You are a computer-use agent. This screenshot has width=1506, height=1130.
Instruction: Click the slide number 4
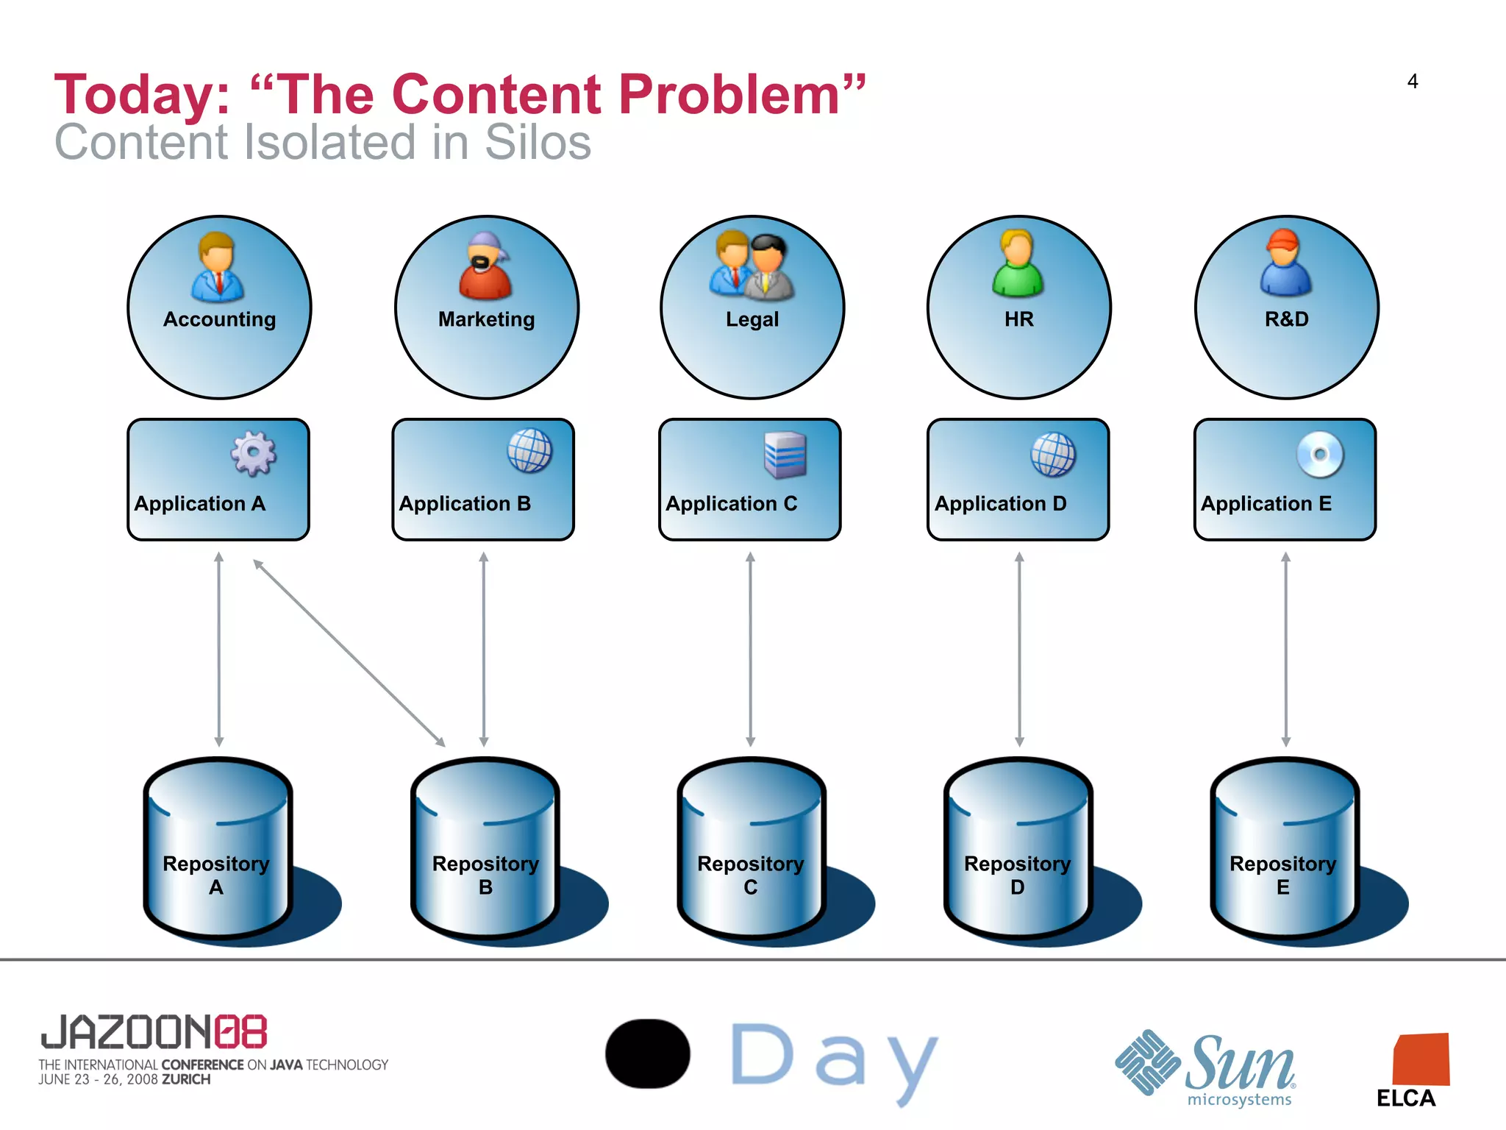coord(1412,82)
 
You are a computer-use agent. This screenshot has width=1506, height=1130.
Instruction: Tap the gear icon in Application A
coord(254,453)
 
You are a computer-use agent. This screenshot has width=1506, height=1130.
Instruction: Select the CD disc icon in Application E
coord(1320,454)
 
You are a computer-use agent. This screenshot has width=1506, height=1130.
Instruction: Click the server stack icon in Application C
coord(785,455)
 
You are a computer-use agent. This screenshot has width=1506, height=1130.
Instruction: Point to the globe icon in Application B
coord(529,451)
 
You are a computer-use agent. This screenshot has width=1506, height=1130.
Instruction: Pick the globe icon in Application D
coord(1053,454)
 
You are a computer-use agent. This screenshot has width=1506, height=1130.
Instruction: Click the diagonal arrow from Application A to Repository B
coord(349,653)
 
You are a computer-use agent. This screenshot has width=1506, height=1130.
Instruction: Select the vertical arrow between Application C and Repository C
coord(750,650)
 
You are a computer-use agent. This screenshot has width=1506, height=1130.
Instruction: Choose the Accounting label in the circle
coord(219,319)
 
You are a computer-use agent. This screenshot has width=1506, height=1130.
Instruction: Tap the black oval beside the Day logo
coord(648,1053)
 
